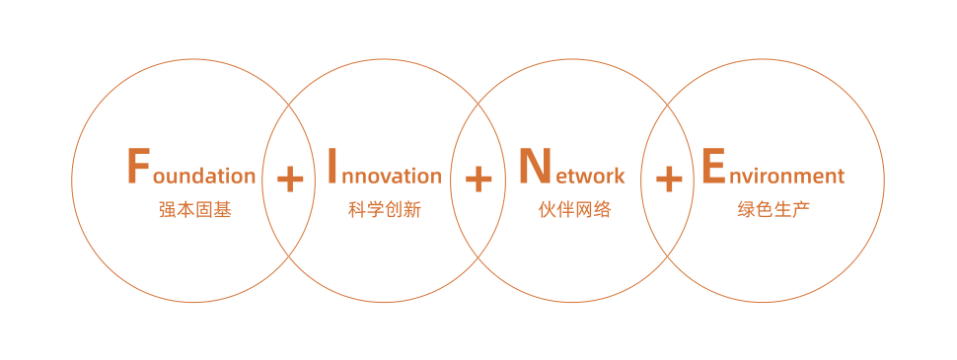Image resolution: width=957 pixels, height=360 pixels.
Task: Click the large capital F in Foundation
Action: point(139,166)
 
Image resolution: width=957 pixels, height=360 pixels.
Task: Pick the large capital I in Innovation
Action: point(332,166)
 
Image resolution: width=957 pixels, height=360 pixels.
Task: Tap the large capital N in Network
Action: point(534,166)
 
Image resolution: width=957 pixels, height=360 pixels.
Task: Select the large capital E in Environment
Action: point(712,166)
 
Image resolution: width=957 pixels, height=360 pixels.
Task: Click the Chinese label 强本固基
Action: point(194,210)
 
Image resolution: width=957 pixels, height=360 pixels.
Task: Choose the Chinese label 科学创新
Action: point(384,210)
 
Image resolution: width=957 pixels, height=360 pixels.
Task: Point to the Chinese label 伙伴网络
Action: point(574,210)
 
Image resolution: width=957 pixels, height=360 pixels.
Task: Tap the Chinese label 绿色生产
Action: point(773,210)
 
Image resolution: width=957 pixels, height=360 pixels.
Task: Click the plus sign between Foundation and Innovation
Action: point(290,179)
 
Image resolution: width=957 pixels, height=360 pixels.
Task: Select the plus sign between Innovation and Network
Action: point(478,179)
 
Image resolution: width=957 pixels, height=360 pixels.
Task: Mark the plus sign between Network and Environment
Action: point(669,179)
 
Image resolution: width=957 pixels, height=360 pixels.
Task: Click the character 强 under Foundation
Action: point(168,210)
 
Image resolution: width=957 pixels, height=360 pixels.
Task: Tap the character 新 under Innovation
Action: point(411,210)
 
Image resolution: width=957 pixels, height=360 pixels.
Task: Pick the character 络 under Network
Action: point(602,210)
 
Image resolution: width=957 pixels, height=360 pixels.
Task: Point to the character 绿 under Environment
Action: point(747,210)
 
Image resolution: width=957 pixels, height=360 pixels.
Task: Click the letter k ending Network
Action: point(619,175)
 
